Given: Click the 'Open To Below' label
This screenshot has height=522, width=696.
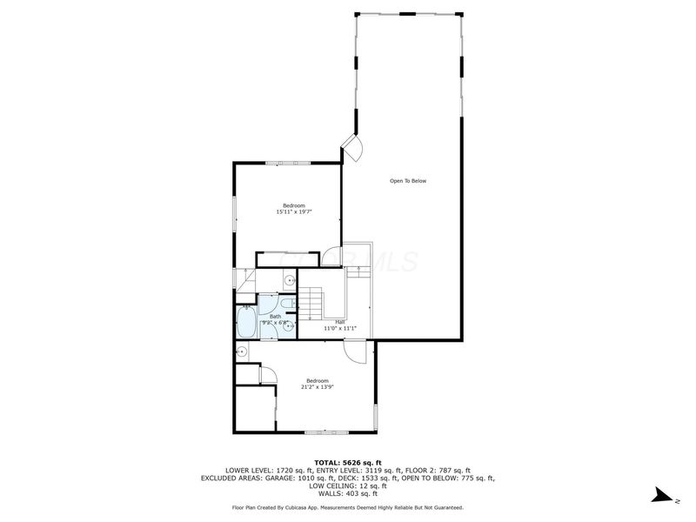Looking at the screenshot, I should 407,181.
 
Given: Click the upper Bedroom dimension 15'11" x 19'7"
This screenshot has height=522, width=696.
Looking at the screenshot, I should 294,211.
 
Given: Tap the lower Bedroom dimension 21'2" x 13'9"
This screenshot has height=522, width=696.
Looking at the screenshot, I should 317,386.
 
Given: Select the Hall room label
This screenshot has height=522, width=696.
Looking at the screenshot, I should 328,321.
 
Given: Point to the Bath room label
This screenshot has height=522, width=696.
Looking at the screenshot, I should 275,317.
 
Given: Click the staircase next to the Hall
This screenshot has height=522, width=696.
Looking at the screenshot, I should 311,305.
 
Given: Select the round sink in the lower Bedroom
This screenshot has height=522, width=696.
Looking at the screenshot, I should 242,351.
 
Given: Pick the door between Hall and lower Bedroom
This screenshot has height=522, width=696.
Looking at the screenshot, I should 354,351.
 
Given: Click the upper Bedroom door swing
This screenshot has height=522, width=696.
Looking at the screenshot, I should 331,256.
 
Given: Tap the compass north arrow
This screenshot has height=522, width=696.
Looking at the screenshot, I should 664,497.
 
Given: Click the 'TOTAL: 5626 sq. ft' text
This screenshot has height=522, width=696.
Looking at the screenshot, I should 348,463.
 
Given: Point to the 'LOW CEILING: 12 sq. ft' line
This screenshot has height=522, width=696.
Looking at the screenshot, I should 348,485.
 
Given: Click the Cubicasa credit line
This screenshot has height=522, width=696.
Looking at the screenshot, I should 348,506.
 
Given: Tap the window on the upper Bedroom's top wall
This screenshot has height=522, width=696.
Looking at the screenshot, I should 287,163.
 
